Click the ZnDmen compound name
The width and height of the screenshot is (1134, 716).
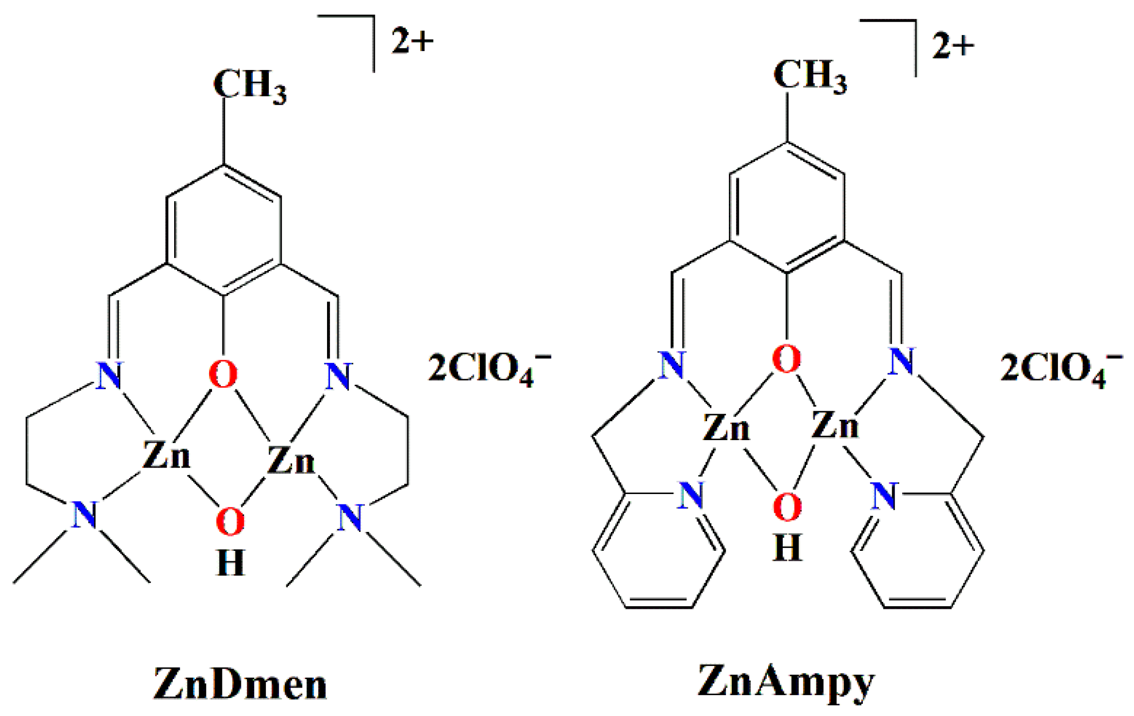240,685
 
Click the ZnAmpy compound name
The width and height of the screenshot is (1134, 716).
786,683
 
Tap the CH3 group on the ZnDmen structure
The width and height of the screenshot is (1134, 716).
249,85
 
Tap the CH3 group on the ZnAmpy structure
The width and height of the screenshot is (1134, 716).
809,76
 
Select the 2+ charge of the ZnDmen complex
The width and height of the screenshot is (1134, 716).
412,41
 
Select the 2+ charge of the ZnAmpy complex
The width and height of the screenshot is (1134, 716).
953,46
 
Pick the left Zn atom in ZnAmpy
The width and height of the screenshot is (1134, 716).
726,427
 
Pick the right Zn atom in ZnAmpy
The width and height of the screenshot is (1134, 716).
834,424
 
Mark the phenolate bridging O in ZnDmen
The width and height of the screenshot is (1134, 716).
223,374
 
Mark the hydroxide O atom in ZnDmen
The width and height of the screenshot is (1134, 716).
230,522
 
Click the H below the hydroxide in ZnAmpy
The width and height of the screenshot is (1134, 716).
787,548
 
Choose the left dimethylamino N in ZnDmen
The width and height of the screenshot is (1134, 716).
84,514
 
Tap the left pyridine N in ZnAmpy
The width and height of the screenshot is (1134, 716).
690,495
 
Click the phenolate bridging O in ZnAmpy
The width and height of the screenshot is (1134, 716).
786,359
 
